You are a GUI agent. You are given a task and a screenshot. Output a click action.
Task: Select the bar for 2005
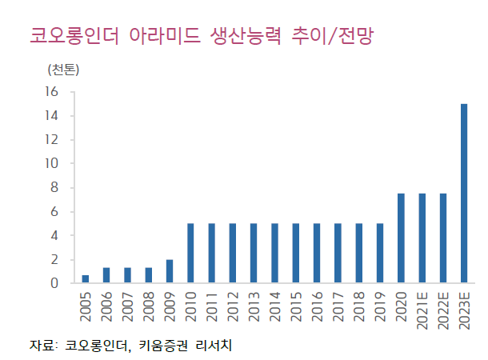coord(86,279)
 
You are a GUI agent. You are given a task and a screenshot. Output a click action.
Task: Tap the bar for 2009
coord(170,271)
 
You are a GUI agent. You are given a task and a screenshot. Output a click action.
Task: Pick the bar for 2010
coord(190,254)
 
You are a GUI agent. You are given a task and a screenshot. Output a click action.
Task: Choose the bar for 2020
coord(401,238)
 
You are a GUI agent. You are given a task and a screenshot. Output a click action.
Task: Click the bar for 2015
coord(296,254)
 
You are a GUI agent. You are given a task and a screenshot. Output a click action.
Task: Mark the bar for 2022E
coord(443,238)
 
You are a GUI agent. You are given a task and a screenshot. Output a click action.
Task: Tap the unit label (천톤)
coord(64,68)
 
